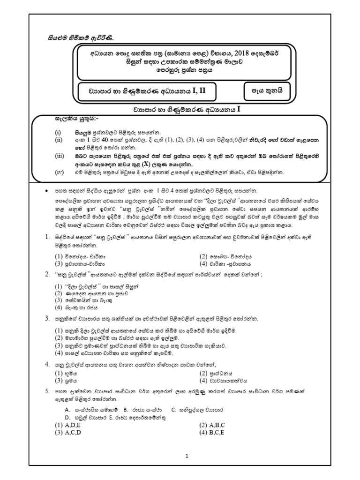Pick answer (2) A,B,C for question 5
click(x=212, y=425)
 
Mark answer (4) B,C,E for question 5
click(x=212, y=432)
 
